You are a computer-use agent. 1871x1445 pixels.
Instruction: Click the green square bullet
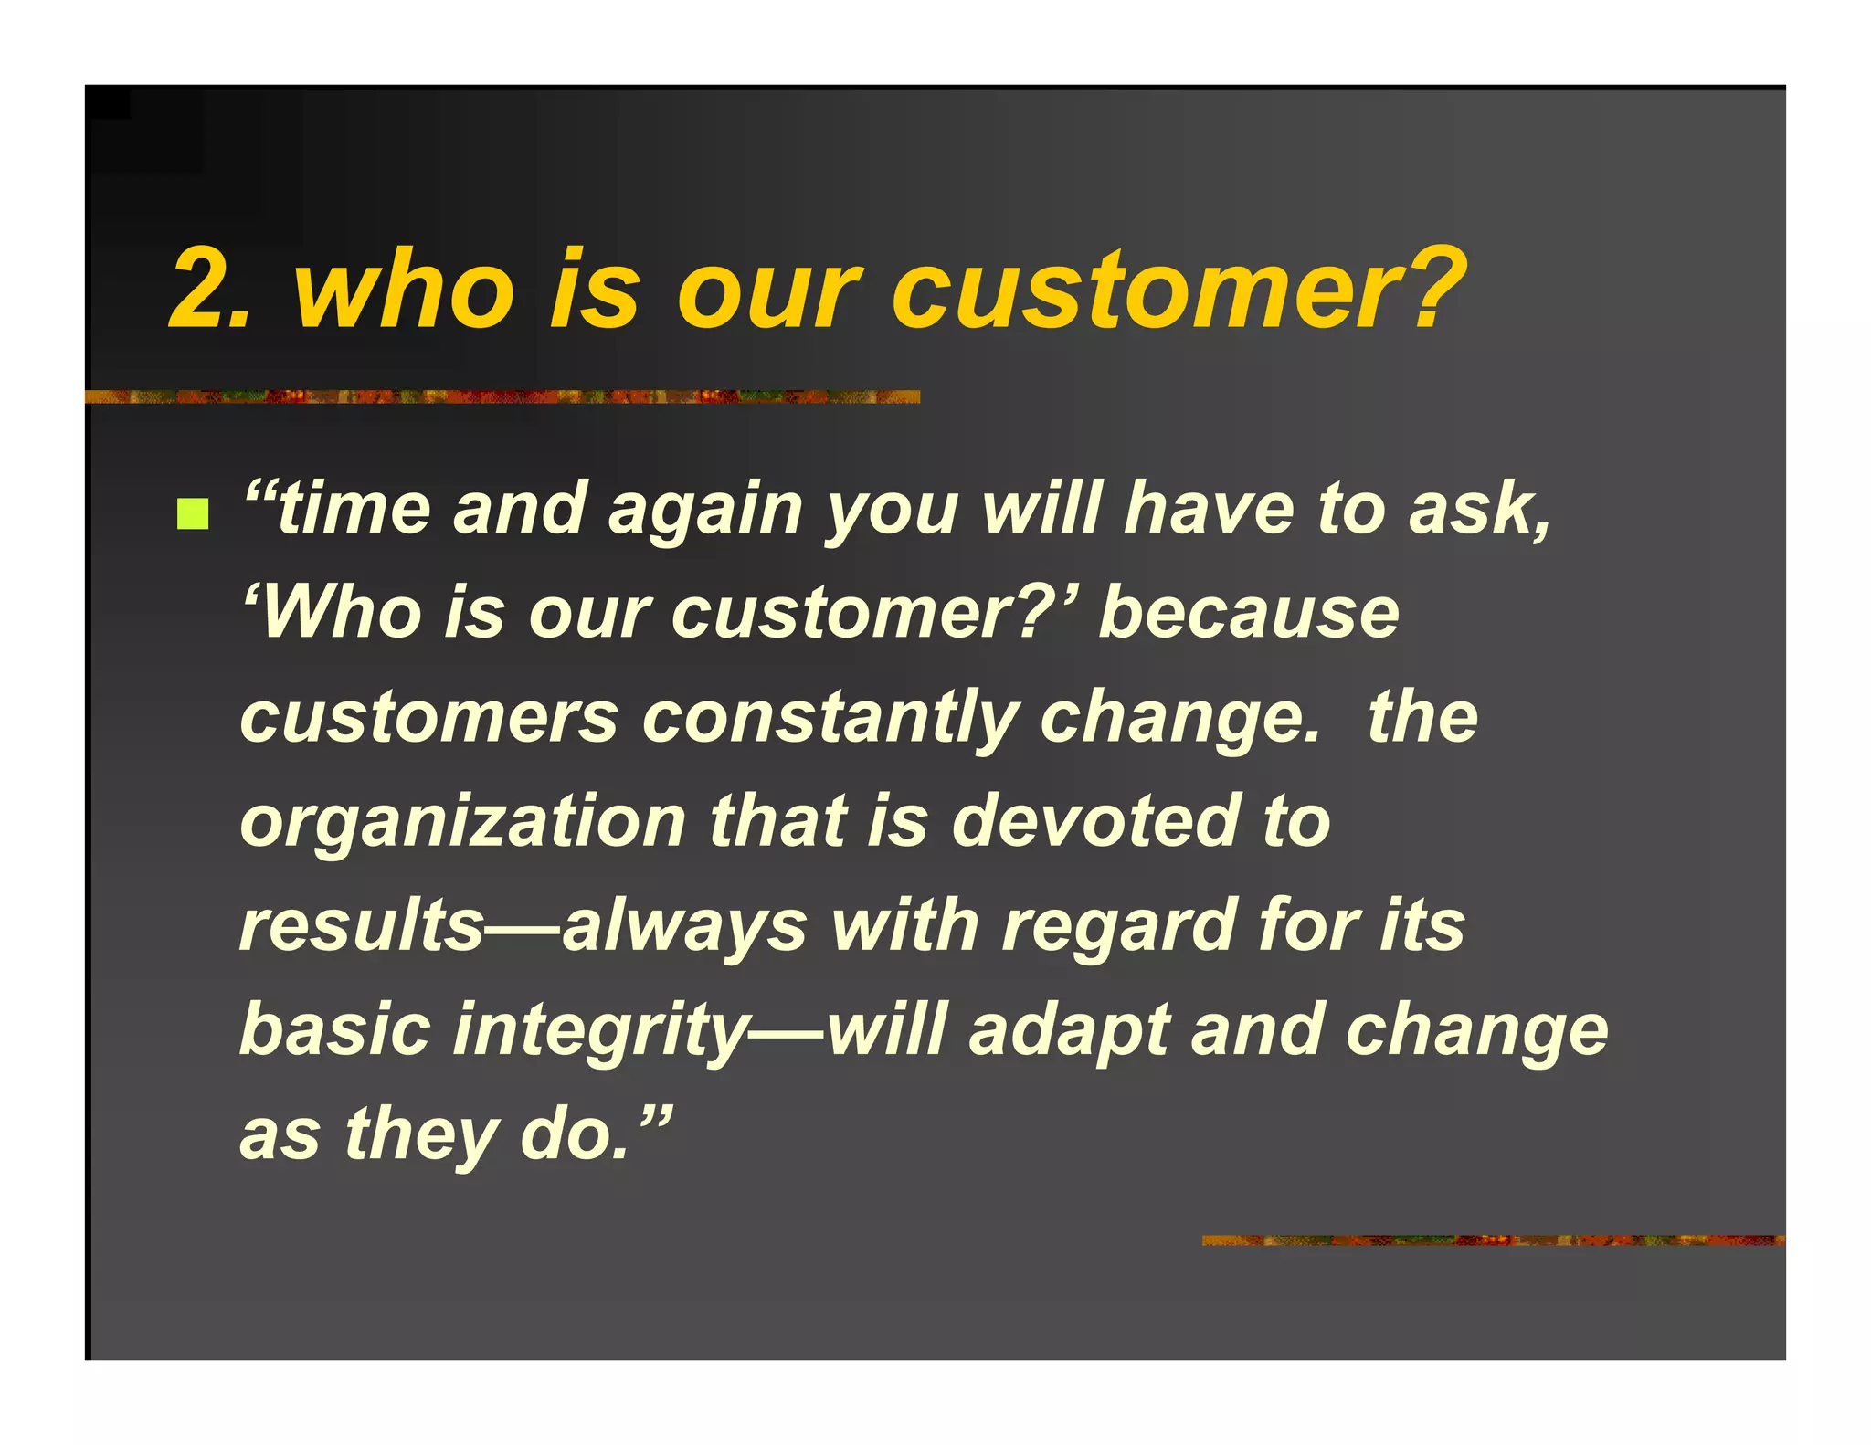(193, 514)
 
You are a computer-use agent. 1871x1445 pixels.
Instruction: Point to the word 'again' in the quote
(704, 512)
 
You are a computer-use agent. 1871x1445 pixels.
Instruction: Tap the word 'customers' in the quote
(429, 718)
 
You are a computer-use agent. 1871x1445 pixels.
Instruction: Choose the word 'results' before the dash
(362, 925)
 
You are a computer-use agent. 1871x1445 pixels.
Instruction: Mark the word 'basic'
(334, 1030)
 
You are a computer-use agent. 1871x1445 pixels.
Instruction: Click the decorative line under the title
(502, 396)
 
